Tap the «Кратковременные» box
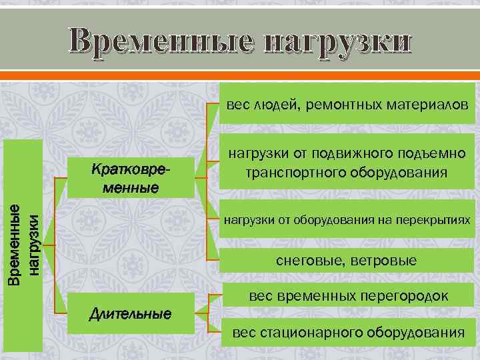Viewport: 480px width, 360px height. [131, 178]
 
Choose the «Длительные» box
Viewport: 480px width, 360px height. [131, 313]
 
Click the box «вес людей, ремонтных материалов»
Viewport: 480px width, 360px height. [346, 105]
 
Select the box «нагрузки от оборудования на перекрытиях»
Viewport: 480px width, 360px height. [346, 220]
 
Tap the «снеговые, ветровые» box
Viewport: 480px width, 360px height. [346, 261]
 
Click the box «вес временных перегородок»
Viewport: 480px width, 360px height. [346, 295]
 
